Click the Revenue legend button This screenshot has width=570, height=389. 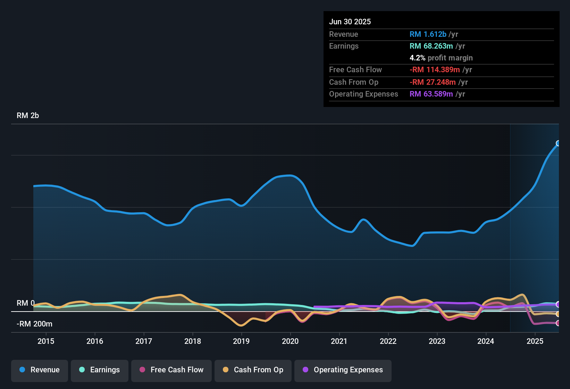(40, 370)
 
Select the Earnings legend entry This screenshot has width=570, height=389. (100, 370)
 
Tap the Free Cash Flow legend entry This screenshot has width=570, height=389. (171, 370)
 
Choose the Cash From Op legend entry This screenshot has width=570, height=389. (253, 370)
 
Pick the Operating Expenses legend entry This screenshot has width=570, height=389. (343, 370)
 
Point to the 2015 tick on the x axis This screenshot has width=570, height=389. (46, 341)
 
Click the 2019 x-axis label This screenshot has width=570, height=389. (241, 341)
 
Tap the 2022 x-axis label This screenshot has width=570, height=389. (388, 341)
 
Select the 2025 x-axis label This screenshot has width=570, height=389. (535, 341)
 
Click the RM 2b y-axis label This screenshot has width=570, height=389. (28, 116)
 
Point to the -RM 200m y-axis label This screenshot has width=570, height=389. (34, 324)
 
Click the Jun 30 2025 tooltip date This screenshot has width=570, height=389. (350, 22)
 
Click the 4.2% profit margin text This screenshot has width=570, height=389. (441, 58)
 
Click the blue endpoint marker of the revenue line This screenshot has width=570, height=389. (558, 143)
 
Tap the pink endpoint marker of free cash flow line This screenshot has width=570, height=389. (558, 323)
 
